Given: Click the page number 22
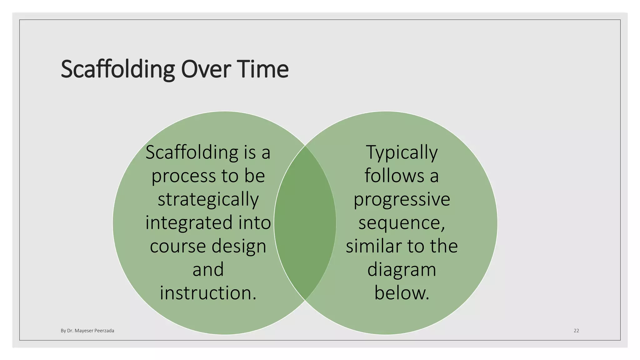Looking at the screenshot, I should [x=576, y=331].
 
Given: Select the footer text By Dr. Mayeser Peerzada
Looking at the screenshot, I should [x=87, y=331].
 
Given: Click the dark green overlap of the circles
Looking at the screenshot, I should [x=305, y=223].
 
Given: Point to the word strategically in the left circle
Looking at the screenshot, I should [x=208, y=199].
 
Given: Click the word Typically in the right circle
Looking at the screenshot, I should [x=402, y=153].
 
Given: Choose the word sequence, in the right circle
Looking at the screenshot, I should [x=402, y=223].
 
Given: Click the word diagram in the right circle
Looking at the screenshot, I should [x=402, y=270].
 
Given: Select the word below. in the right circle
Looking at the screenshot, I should [x=402, y=293].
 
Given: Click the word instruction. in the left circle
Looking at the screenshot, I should [x=208, y=293].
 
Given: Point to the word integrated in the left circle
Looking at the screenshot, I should [x=189, y=223].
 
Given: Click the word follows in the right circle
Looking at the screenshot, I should [x=394, y=176].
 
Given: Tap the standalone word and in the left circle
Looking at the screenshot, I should [x=208, y=269].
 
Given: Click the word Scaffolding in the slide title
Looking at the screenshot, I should [x=117, y=69].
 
